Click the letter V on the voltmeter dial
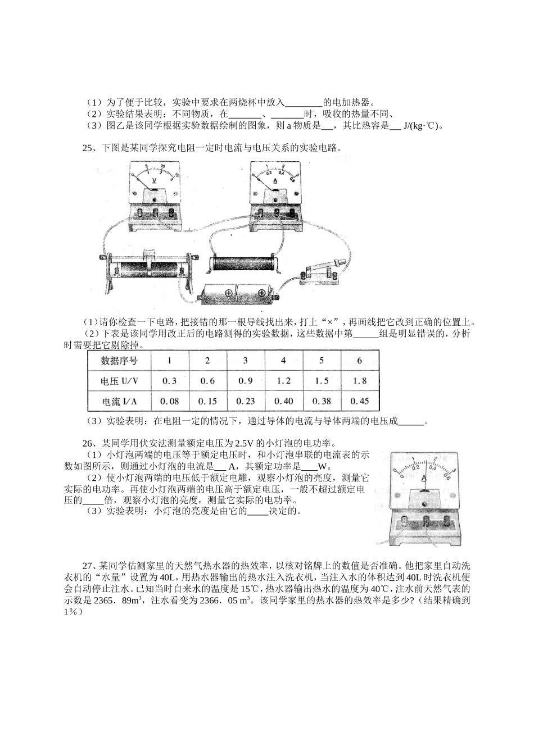pos(155,181)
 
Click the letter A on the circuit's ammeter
pos(275,181)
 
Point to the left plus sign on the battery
pos(230,293)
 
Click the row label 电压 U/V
pos(119,381)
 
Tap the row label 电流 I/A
pos(119,401)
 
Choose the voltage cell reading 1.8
pos(360,381)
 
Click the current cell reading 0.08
pos(169,401)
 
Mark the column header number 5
pos(322,361)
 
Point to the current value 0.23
pos(246,401)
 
